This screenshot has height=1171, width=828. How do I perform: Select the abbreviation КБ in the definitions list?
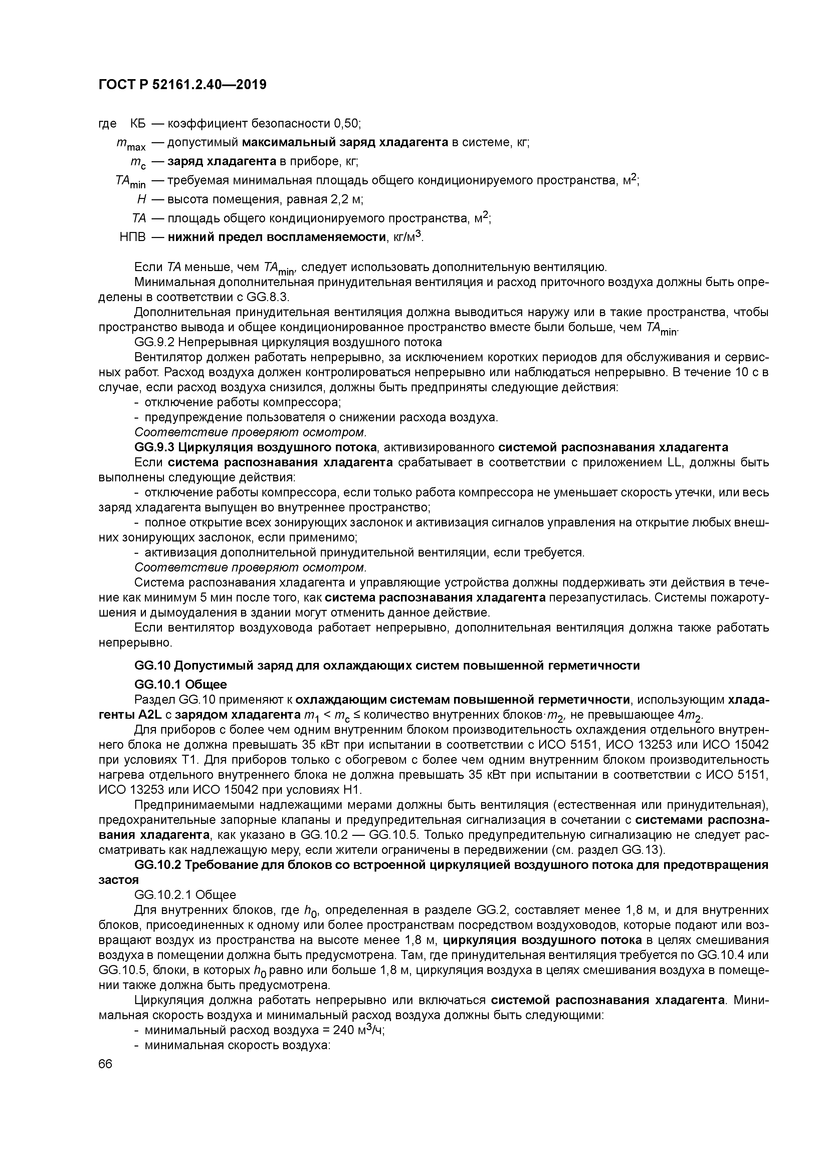pyautogui.click(x=138, y=124)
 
